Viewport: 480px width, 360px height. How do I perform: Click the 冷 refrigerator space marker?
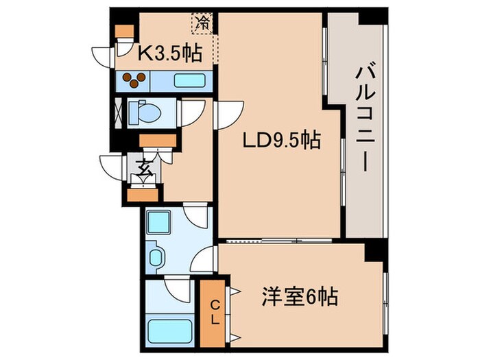[202, 23]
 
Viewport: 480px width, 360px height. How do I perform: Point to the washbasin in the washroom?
[157, 259]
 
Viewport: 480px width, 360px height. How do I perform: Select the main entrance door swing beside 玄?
[112, 167]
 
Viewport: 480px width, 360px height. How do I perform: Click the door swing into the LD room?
[230, 111]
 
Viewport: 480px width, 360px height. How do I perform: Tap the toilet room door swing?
[191, 112]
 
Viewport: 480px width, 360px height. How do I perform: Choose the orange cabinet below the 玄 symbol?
[143, 194]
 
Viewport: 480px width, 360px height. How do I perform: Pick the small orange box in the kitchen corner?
[123, 32]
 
